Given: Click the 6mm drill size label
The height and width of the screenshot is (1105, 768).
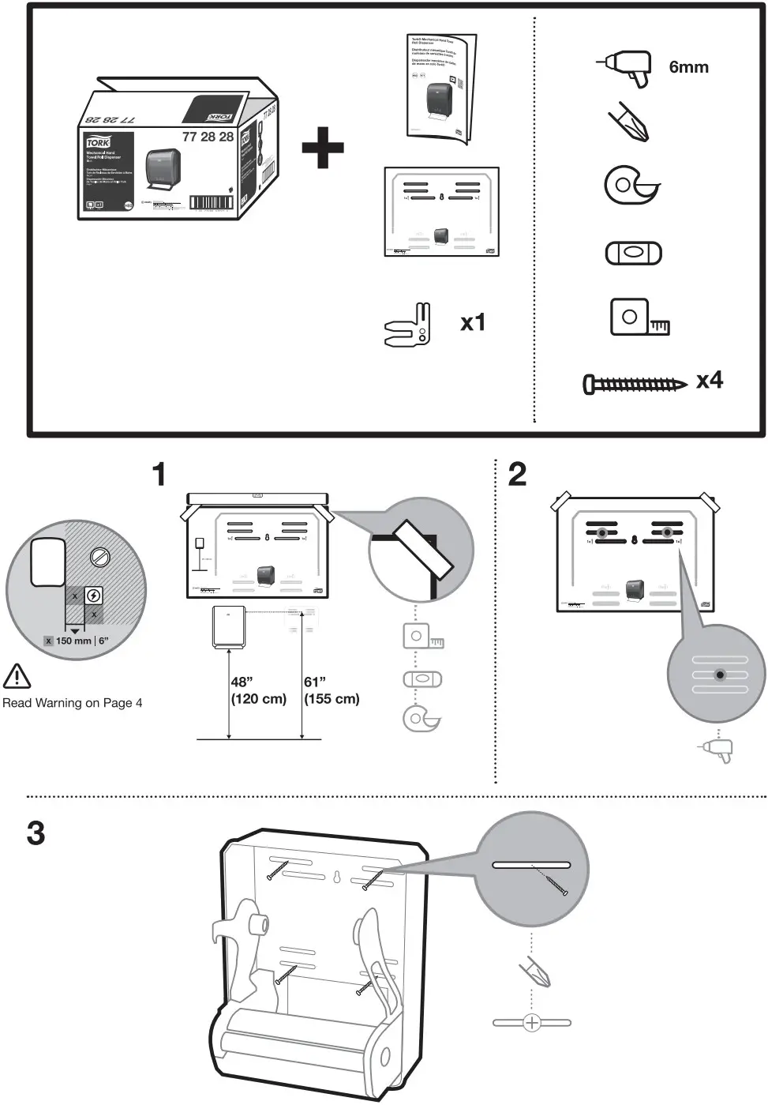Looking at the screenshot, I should [688, 67].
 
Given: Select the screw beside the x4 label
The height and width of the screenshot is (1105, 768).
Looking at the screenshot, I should [634, 385].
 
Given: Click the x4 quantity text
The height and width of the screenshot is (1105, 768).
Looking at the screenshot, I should [709, 381].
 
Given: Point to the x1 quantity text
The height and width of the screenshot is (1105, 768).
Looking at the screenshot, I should [472, 322].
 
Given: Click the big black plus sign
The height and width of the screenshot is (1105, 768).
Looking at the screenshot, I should [323, 146].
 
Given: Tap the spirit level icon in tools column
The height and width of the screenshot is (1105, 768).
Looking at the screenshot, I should [633, 254].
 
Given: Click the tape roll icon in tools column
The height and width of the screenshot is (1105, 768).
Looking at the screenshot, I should [631, 185].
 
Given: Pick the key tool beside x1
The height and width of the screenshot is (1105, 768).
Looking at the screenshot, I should [409, 325].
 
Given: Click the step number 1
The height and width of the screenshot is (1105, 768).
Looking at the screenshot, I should [159, 475].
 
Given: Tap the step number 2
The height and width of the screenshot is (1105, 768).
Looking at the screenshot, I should [517, 475].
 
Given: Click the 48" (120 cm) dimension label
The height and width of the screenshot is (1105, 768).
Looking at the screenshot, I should [257, 690].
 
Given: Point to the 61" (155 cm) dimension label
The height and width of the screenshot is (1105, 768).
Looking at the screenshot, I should [331, 690].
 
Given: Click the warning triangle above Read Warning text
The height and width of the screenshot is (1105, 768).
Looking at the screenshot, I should [17, 676].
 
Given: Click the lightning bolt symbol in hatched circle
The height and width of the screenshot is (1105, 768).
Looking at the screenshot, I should [93, 596].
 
